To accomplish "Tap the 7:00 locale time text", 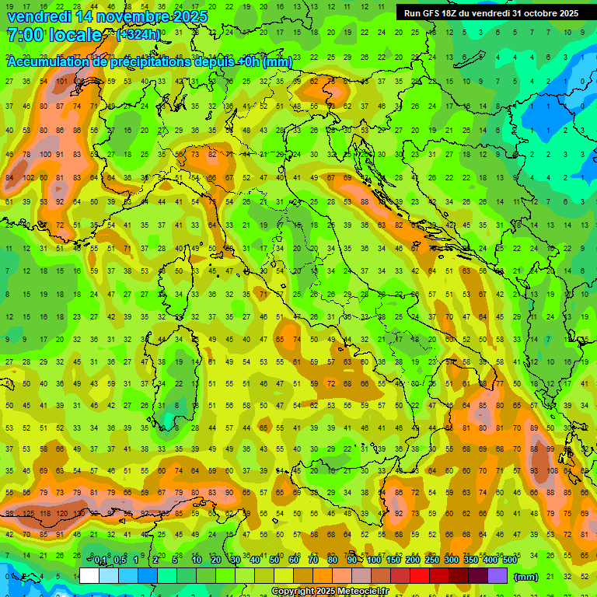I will point(54,36).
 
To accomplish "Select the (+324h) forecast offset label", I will point(138,35).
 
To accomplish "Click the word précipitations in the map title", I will point(148,62).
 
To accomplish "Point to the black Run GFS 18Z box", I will point(491,13).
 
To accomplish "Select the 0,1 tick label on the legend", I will point(100,560).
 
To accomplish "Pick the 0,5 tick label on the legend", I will point(120,560).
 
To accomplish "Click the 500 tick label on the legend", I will point(509,560).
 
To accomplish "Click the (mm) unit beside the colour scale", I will point(526,577).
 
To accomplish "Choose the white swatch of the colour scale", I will point(89,576).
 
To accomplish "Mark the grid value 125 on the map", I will point(29,514).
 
